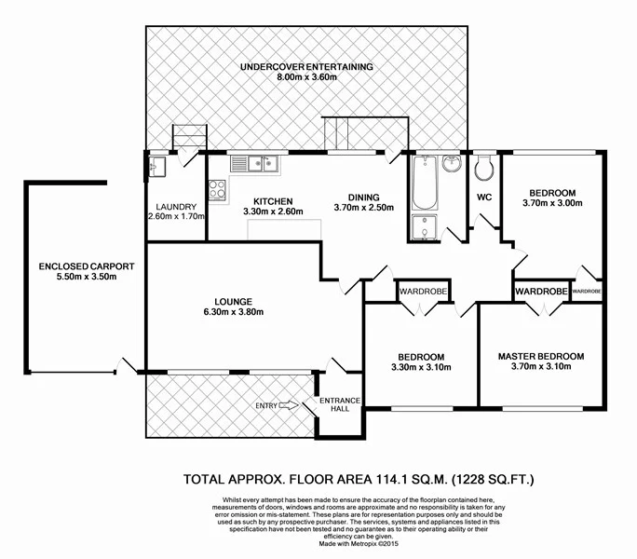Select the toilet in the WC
click(x=483, y=169)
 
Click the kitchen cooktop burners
click(x=218, y=189)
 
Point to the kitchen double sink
click(x=255, y=164)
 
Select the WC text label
click(x=483, y=198)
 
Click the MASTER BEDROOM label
click(x=540, y=356)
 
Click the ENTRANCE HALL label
click(x=339, y=405)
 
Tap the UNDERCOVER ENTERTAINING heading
click(x=305, y=66)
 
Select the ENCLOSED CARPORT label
click(x=80, y=266)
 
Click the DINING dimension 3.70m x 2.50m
click(x=364, y=209)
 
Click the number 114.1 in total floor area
click(x=371, y=481)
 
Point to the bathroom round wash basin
click(x=452, y=165)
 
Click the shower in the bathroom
click(x=423, y=227)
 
